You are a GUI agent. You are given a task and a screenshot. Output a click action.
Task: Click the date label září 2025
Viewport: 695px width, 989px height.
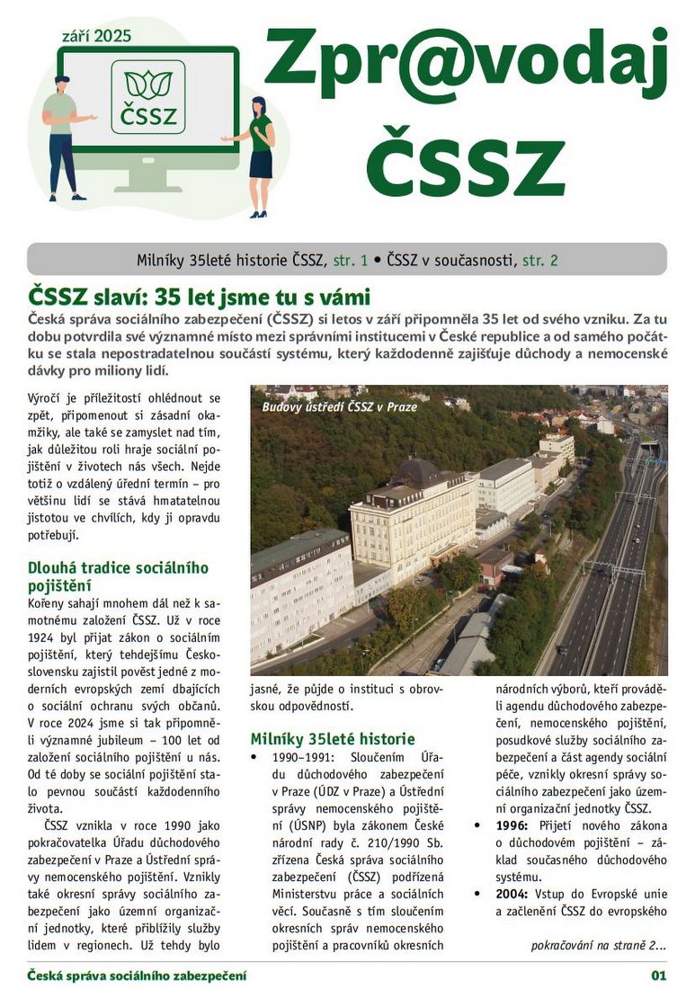tap(96, 36)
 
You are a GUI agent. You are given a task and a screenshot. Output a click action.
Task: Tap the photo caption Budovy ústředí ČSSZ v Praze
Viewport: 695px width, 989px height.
tap(340, 406)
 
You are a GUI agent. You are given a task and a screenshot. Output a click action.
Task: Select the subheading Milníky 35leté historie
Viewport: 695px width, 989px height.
tap(333, 739)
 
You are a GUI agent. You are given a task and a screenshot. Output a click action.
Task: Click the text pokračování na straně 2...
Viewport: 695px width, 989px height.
tap(598, 945)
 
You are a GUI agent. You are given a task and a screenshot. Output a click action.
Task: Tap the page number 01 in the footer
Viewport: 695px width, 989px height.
tap(659, 976)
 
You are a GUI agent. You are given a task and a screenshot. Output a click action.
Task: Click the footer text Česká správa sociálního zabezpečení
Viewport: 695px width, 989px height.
tap(137, 976)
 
